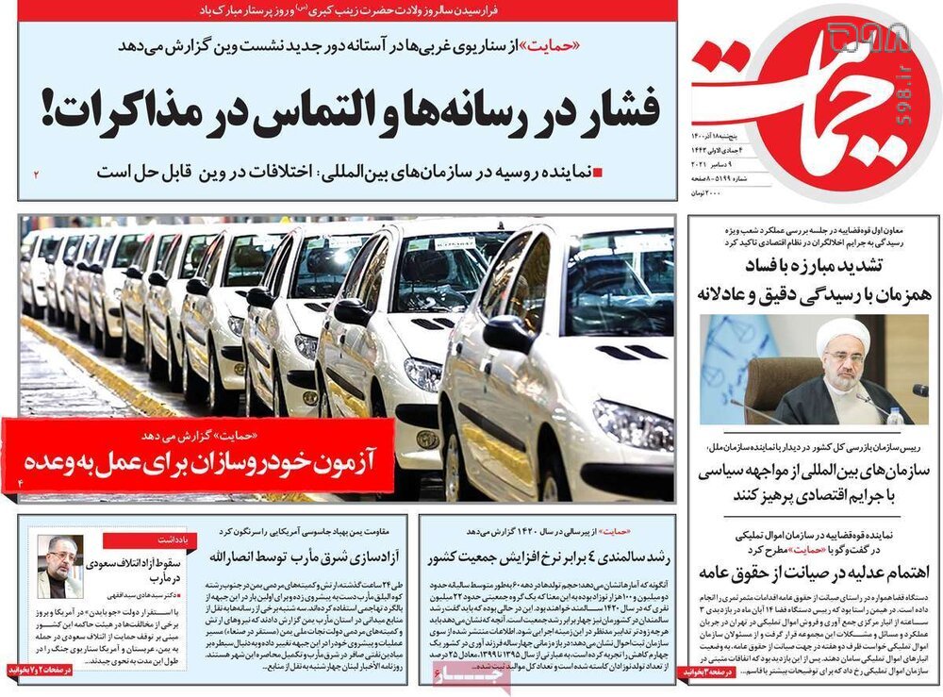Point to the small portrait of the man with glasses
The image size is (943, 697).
click(60, 567)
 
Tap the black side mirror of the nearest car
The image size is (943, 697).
click(509, 334)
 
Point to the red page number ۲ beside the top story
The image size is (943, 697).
click(38, 174)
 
